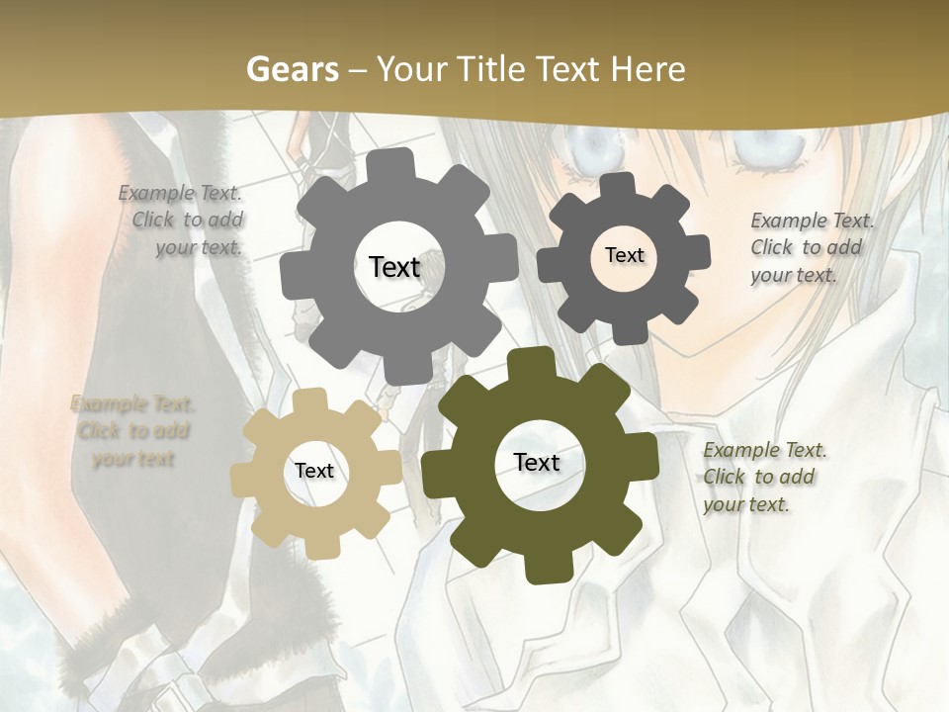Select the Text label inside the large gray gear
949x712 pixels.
(394, 267)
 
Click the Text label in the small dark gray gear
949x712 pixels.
(624, 255)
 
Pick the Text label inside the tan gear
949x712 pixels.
(313, 471)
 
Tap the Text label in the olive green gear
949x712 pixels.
(537, 462)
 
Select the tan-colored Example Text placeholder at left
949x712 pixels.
(132, 431)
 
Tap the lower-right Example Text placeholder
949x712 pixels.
(763, 477)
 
